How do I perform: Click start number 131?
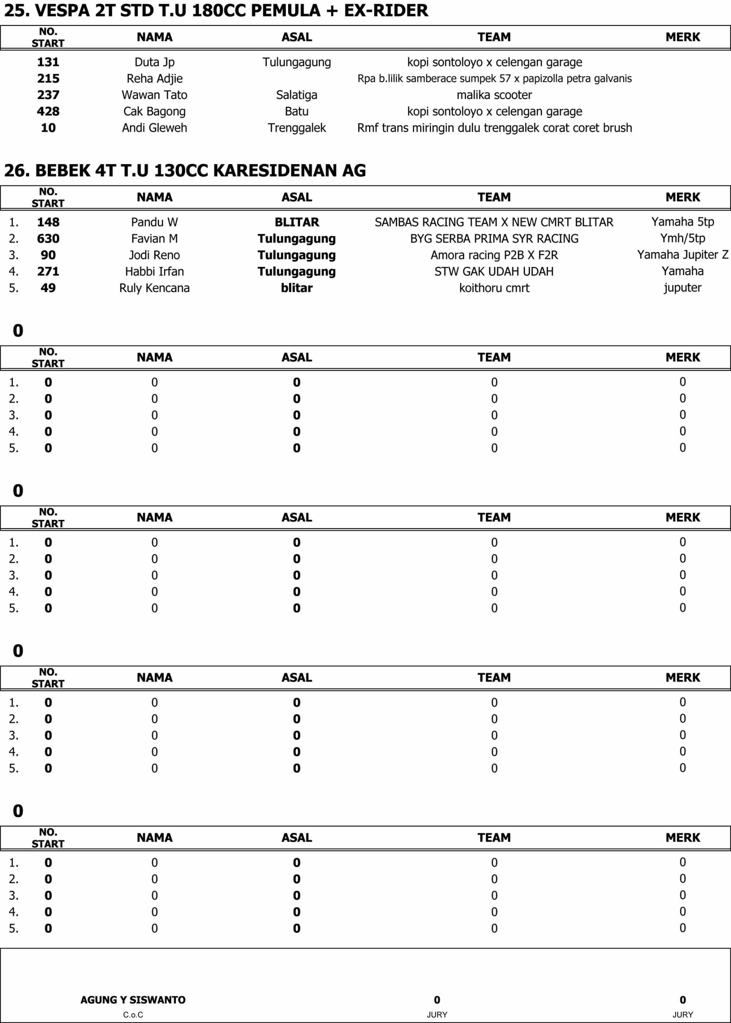click(48, 62)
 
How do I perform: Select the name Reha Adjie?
click(155, 79)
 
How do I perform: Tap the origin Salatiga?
click(297, 95)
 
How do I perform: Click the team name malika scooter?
click(494, 95)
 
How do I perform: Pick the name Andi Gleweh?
click(155, 128)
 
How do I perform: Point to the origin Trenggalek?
click(297, 128)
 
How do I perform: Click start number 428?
click(48, 111)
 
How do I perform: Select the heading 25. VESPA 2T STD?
click(216, 10)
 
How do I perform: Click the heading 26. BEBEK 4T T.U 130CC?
click(185, 171)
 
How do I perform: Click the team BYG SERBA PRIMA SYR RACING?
click(494, 239)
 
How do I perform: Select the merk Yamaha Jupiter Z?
click(682, 255)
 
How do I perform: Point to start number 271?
click(48, 271)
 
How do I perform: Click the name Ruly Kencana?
click(155, 288)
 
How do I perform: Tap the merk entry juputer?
click(682, 288)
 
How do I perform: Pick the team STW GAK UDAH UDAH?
click(494, 271)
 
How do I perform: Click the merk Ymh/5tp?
click(682, 238)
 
